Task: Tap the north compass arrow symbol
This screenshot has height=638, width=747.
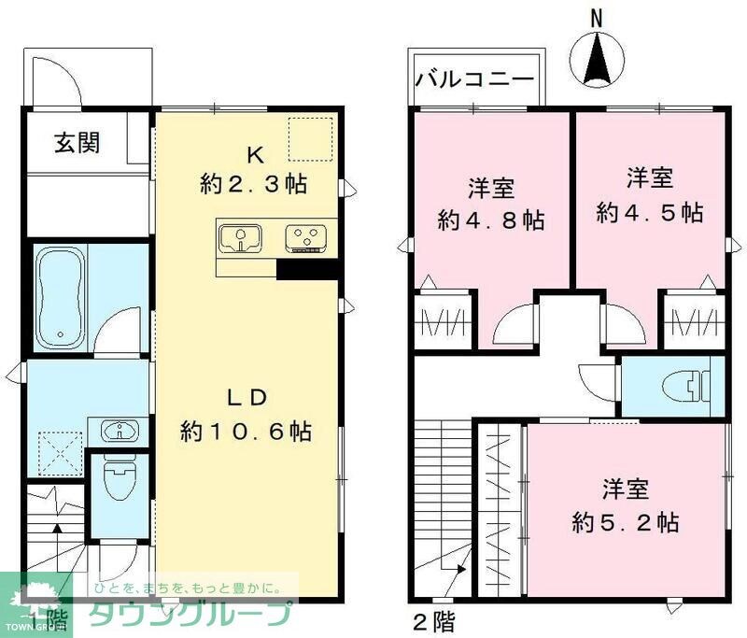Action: (596, 57)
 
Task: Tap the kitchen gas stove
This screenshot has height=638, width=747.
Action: (307, 238)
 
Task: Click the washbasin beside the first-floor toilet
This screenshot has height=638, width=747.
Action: (119, 431)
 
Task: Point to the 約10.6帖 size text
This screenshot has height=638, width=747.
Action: (246, 432)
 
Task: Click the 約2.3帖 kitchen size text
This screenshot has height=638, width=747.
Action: (253, 184)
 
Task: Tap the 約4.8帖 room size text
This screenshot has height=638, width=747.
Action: (492, 221)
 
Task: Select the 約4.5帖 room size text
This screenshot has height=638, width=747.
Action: (650, 211)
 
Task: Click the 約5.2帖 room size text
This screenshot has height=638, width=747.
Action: (625, 521)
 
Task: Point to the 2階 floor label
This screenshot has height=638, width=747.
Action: (435, 621)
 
